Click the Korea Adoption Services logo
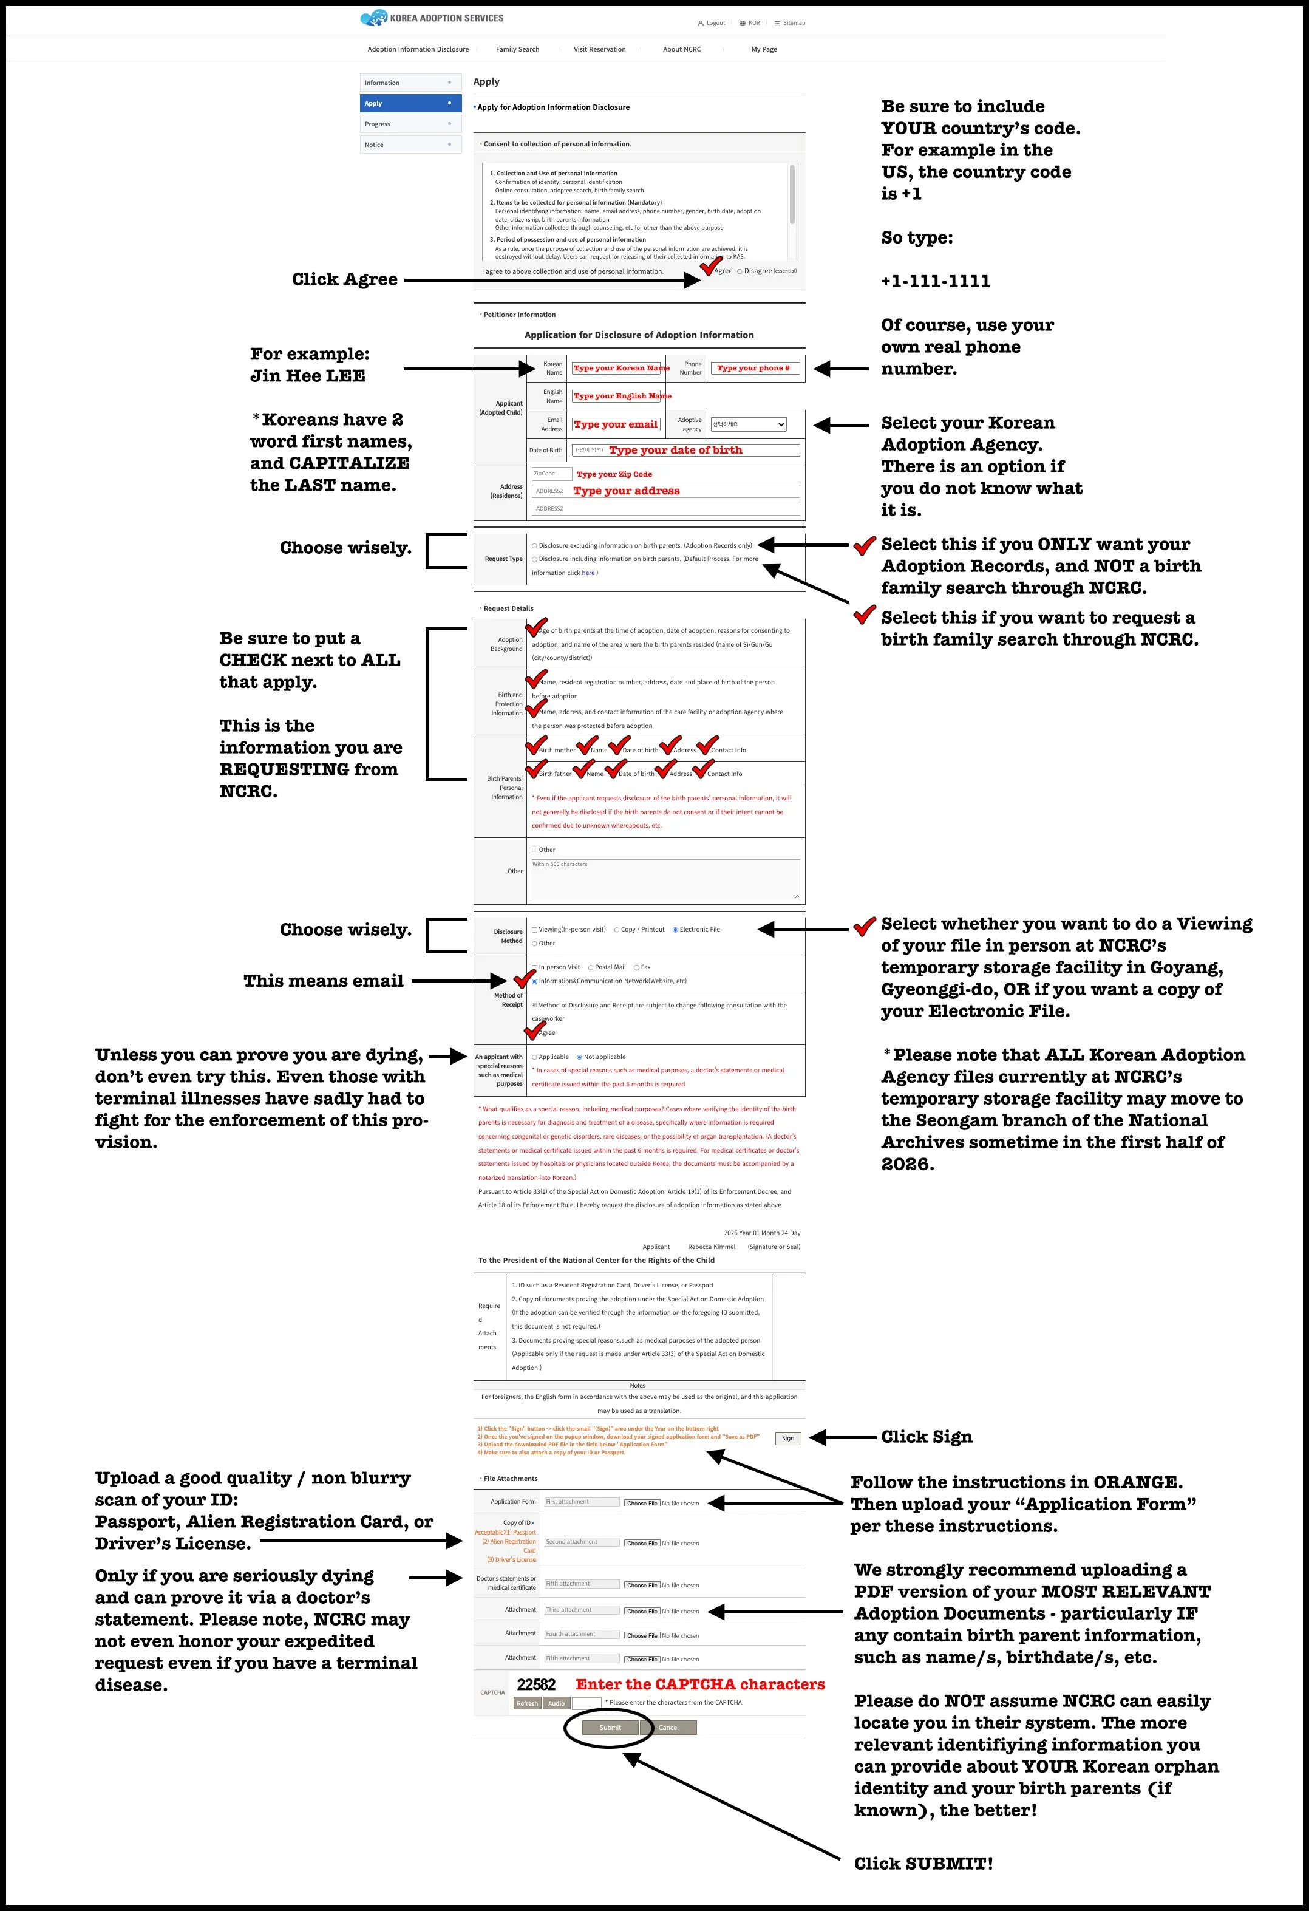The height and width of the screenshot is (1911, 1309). click(x=432, y=18)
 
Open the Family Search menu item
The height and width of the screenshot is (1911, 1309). click(x=517, y=49)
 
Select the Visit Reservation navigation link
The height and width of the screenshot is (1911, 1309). click(x=599, y=49)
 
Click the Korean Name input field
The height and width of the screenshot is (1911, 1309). click(x=617, y=367)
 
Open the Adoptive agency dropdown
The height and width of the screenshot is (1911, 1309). click(x=748, y=424)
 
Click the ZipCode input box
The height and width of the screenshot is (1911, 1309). click(x=551, y=474)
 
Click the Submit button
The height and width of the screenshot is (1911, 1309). click(x=610, y=1727)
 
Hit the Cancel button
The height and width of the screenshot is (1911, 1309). click(x=668, y=1727)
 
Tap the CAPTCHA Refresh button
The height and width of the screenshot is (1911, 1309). click(x=527, y=1703)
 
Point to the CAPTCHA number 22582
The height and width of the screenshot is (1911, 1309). click(x=536, y=1684)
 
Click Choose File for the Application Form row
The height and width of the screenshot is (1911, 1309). click(x=641, y=1503)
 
